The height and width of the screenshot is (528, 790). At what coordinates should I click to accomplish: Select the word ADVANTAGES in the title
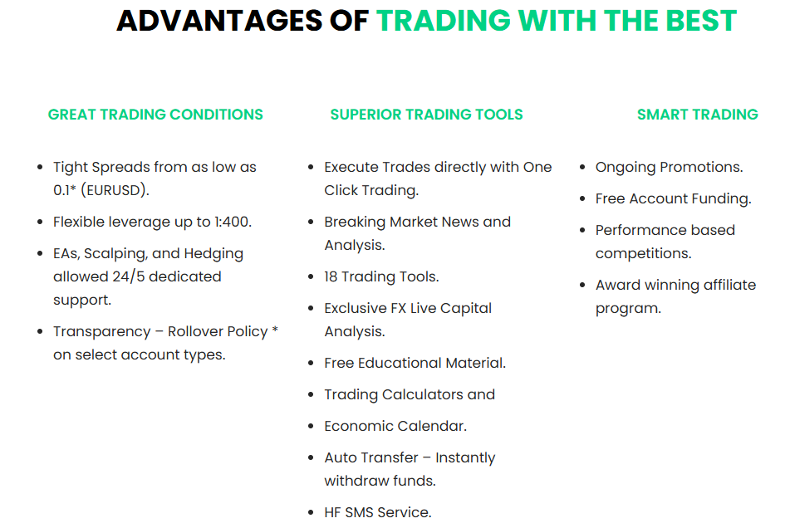[219, 21]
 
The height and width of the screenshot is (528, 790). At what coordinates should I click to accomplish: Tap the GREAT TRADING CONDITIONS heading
[155, 115]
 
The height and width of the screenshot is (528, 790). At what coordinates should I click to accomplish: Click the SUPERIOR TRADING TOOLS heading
[427, 115]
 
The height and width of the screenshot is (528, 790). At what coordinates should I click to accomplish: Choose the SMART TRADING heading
[698, 115]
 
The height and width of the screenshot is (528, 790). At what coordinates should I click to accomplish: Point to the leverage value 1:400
[233, 222]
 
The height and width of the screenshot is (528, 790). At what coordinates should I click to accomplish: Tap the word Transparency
[102, 332]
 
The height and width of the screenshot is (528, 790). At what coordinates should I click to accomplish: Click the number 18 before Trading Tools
[331, 276]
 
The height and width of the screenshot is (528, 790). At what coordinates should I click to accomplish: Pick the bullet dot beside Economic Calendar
[311, 427]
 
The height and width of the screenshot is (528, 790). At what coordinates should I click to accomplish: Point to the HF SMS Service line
[378, 512]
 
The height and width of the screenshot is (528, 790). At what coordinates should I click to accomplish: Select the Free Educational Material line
[415, 363]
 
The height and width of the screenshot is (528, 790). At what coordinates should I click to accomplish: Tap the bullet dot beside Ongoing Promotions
[582, 167]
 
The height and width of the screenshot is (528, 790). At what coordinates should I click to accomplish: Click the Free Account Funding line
[673, 198]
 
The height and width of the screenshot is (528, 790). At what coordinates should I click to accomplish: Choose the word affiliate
[730, 285]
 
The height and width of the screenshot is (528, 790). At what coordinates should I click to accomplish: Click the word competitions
[644, 254]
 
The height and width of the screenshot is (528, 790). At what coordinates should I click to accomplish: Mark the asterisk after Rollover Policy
[275, 330]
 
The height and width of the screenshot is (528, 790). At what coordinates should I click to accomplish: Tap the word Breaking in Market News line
[355, 222]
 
